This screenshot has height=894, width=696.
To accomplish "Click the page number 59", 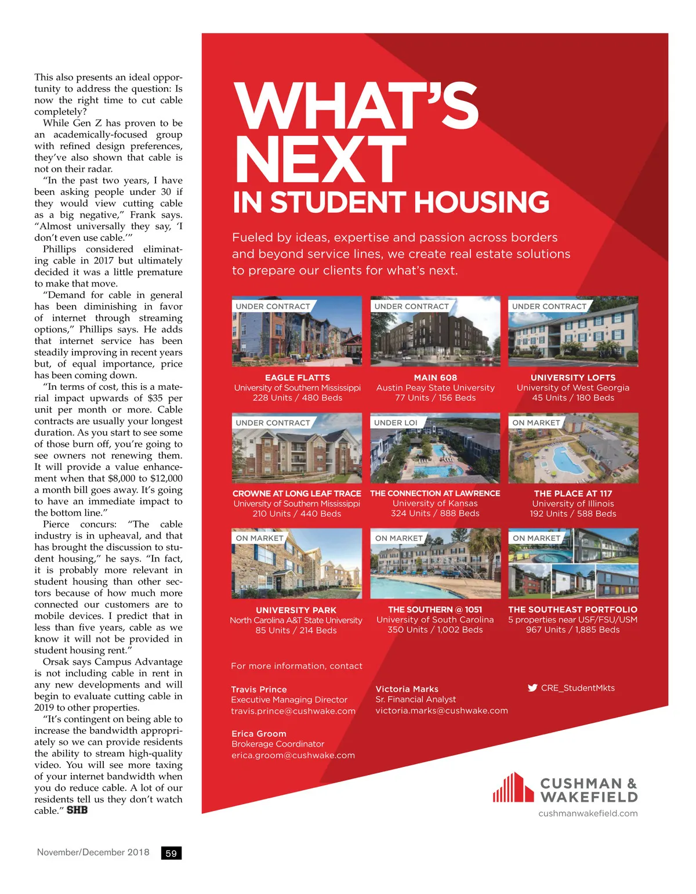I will click(x=171, y=853).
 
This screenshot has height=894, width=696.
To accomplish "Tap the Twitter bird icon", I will click(x=532, y=688).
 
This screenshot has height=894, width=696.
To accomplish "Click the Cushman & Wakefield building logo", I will click(x=513, y=788).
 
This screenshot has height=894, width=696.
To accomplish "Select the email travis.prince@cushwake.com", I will click(x=293, y=711).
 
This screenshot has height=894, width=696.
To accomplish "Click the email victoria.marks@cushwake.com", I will click(x=441, y=711).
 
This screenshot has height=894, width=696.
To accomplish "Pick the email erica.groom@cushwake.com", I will click(x=293, y=755).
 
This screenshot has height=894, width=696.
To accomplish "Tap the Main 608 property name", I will click(x=436, y=378).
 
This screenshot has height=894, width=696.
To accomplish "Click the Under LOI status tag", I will click(x=396, y=423).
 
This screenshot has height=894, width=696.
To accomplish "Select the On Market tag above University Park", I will click(x=259, y=538).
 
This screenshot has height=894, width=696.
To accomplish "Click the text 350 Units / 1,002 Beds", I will click(x=435, y=630).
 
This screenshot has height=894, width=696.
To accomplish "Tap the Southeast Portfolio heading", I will click(x=572, y=610).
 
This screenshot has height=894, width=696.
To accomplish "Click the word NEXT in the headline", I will click(x=320, y=160).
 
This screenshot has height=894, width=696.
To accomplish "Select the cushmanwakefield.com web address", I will click(x=588, y=813).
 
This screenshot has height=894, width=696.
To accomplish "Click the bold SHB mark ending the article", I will click(x=77, y=810).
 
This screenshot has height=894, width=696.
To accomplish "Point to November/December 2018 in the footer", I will click(x=93, y=852).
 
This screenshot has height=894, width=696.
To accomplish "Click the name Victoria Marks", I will click(x=407, y=689).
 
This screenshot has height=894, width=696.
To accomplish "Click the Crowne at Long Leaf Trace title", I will click(x=297, y=494).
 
